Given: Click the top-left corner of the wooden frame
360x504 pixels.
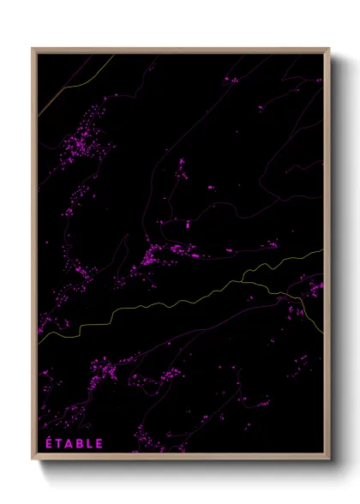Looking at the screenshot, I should coord(33,48).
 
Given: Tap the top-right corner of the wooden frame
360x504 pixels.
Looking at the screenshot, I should coord(329,48).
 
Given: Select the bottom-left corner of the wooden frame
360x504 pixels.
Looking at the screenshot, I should coord(33,459).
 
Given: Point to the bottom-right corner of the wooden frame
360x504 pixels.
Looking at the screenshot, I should coord(329,459).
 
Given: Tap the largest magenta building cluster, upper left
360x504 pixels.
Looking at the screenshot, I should coord(86,137).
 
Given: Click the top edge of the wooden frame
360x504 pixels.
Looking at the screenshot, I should coord(180,49).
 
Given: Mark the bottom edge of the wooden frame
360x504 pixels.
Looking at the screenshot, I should coord(180,457).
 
